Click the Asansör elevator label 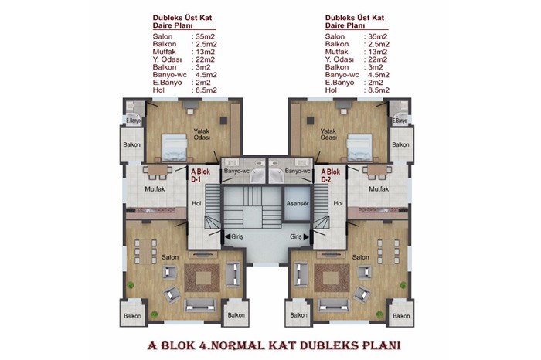(x=298, y=203)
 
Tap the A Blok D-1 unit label (x=200, y=175)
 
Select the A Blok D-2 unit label (x=331, y=175)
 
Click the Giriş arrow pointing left (x=228, y=236)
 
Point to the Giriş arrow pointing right (x=306, y=236)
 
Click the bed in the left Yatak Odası (x=175, y=148)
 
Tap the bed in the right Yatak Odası (x=360, y=148)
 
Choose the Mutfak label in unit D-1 (x=155, y=189)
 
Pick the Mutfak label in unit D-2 (x=379, y=189)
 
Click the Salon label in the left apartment (x=170, y=257)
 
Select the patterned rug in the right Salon (x=332, y=278)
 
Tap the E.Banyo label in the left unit (x=133, y=121)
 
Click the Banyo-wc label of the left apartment (x=236, y=171)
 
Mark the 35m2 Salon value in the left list (x=206, y=36)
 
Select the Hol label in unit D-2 (x=339, y=203)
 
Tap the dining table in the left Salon (x=146, y=251)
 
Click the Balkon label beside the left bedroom (x=132, y=144)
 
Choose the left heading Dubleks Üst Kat (x=182, y=18)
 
